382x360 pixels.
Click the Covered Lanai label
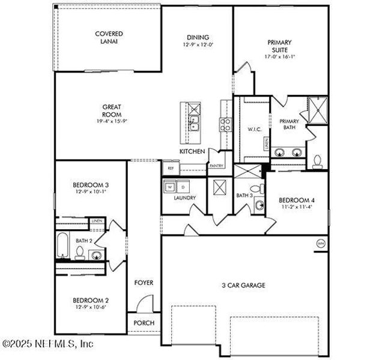point(109,37)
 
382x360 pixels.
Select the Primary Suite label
point(279,46)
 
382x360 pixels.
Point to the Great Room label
point(112,110)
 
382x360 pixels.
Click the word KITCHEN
point(192,151)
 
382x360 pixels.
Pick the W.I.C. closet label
point(252,129)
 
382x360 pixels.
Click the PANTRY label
point(216,165)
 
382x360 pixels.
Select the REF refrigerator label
point(171,169)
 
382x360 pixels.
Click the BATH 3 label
point(243,196)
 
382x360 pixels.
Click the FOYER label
point(144,282)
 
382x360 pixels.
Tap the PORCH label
point(144,323)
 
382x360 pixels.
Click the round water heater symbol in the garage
point(320,244)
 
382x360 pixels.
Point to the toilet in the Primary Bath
point(318,161)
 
